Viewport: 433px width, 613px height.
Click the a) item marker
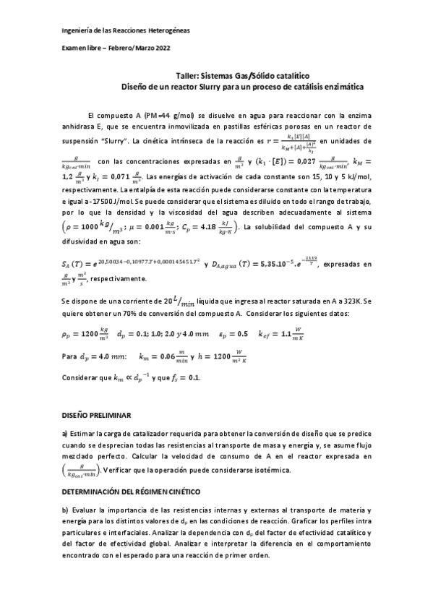[x=64, y=434]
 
